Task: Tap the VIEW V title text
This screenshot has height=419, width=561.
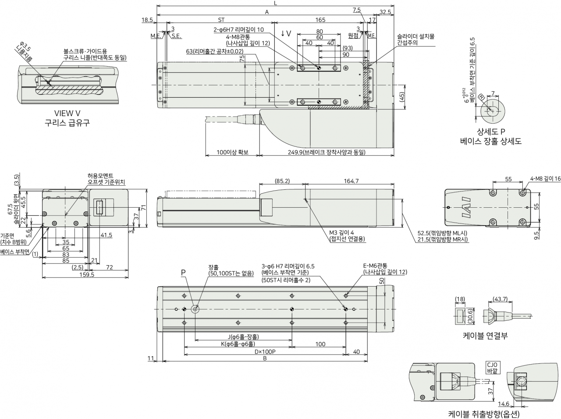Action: pyautogui.click(x=67, y=113)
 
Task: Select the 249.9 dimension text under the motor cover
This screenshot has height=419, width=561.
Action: pyautogui.click(x=327, y=152)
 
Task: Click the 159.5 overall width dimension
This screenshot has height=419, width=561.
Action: pyautogui.click(x=87, y=274)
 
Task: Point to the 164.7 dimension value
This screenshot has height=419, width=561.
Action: pyautogui.click(x=351, y=181)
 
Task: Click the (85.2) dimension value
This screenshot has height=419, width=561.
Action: pyautogui.click(x=282, y=181)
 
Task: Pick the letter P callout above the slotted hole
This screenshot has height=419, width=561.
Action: pyautogui.click(x=183, y=273)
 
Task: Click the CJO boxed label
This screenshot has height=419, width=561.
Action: pyautogui.click(x=492, y=365)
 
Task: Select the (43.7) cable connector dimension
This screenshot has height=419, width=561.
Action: pyautogui.click(x=500, y=298)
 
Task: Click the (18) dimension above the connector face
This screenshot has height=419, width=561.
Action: pyautogui.click(x=460, y=298)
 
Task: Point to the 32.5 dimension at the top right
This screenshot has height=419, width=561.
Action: pyautogui.click(x=385, y=12)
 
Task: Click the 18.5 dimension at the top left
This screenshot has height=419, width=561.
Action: pyautogui.click(x=147, y=20)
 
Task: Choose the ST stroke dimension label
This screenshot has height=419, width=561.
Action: pyautogui.click(x=221, y=20)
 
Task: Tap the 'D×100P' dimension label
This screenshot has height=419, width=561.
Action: pyautogui.click(x=265, y=352)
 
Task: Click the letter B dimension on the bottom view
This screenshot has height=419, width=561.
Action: pyautogui.click(x=265, y=359)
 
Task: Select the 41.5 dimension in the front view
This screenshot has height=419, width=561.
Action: pyautogui.click(x=107, y=235)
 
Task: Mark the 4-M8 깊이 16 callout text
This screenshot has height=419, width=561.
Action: pyautogui.click(x=545, y=179)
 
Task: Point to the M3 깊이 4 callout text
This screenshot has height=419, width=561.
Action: pyautogui.click(x=341, y=232)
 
